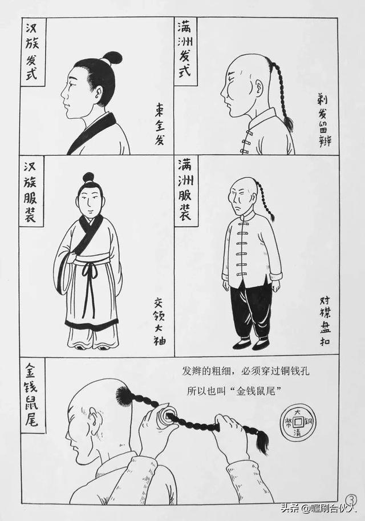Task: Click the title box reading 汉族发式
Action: point(33,52)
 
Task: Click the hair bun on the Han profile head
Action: point(112,58)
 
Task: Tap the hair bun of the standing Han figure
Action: point(88,177)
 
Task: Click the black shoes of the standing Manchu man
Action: point(252,344)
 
